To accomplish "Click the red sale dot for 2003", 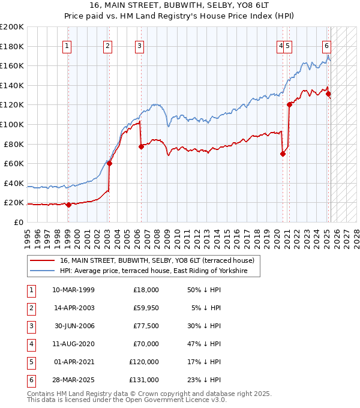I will coord(109,163).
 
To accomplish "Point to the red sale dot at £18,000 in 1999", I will coord(68,205).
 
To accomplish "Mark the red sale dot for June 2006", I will coord(141,146).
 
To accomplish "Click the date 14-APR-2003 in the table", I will coord(73,308).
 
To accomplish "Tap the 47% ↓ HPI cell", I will coord(204,344).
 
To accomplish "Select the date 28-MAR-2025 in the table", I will coord(73,380).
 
